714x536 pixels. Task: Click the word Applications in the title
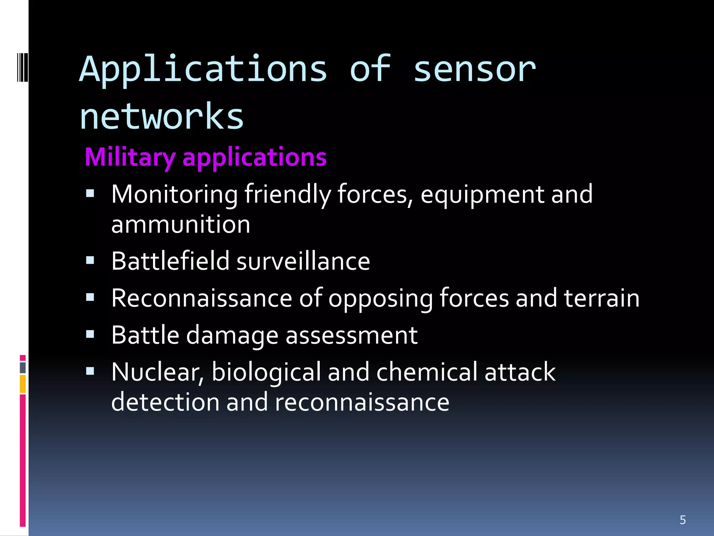pos(203,70)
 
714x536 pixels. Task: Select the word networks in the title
pos(161,117)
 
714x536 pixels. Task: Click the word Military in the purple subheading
pos(130,157)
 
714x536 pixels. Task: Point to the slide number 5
pos(683,520)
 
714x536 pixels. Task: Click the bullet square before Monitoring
pos(90,194)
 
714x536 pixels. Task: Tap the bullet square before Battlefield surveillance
pos(90,260)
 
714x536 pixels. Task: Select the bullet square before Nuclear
pos(90,371)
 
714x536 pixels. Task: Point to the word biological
pos(266,372)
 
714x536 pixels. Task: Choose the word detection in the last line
pos(165,402)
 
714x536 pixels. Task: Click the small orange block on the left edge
pos(23,384)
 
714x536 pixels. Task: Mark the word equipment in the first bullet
pos(482,194)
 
